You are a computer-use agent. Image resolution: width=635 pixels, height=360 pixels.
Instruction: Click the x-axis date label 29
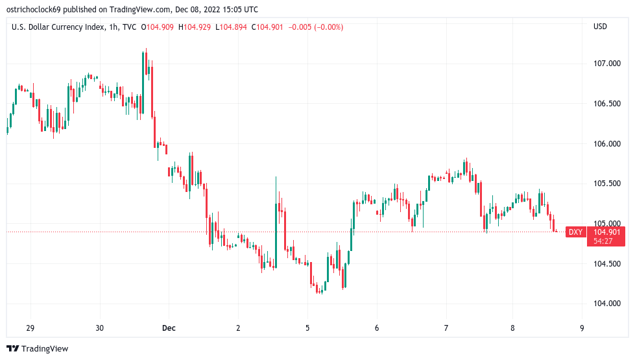click(30, 328)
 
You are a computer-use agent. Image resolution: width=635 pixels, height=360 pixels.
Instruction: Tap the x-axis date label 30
click(99, 328)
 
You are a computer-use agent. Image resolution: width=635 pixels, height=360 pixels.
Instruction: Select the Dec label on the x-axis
click(168, 328)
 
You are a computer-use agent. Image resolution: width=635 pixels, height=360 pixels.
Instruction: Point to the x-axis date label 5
click(307, 328)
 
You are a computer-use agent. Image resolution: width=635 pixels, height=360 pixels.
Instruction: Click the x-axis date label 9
click(581, 328)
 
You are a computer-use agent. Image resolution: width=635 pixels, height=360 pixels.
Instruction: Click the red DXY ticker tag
click(575, 232)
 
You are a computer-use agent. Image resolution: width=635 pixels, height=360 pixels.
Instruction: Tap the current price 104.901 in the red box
click(607, 232)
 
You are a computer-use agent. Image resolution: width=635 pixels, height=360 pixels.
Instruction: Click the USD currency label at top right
click(600, 27)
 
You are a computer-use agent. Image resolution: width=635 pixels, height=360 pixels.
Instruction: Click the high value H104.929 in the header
click(197, 27)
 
